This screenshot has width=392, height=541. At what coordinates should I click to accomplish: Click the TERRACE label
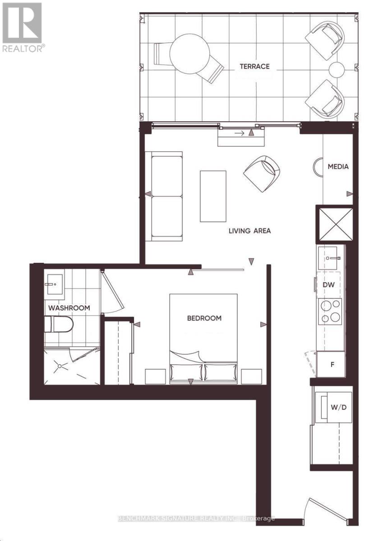(x=254, y=66)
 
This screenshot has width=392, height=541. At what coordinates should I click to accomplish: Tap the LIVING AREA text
(x=249, y=231)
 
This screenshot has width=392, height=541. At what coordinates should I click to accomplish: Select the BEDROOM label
(x=204, y=318)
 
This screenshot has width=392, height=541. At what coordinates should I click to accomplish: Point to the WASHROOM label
(x=69, y=308)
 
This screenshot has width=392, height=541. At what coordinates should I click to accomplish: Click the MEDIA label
(x=338, y=166)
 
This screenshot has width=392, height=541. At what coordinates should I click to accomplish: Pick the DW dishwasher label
(x=329, y=285)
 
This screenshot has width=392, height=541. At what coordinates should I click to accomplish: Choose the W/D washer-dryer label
(x=338, y=408)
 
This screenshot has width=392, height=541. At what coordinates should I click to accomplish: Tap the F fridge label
(x=332, y=364)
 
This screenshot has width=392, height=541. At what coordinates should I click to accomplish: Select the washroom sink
(x=55, y=284)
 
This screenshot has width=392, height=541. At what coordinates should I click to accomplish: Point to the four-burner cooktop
(x=330, y=312)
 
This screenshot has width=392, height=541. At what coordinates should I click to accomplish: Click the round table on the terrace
(x=189, y=54)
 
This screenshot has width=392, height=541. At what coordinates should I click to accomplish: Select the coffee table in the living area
(x=213, y=196)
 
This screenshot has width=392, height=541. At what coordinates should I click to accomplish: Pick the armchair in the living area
(x=262, y=174)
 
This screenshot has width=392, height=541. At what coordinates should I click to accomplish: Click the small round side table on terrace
(x=336, y=69)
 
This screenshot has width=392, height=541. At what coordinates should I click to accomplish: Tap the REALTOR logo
(x=22, y=27)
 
